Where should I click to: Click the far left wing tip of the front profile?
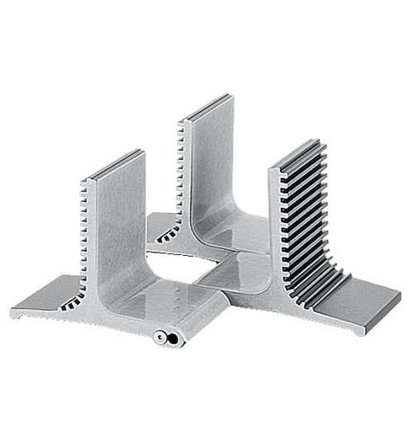pyautogui.click(x=15, y=311)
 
